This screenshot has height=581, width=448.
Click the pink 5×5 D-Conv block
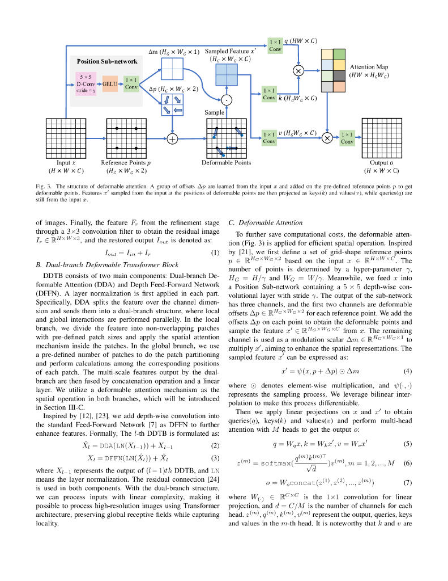[87, 83]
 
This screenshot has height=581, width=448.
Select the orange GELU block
[110, 83]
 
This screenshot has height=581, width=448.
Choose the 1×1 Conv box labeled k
[270, 94]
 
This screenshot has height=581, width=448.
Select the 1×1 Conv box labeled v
[269, 137]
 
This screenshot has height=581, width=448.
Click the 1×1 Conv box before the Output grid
[347, 137]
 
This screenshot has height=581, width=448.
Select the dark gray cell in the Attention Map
[338, 75]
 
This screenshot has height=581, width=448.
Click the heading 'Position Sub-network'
[107, 61]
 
